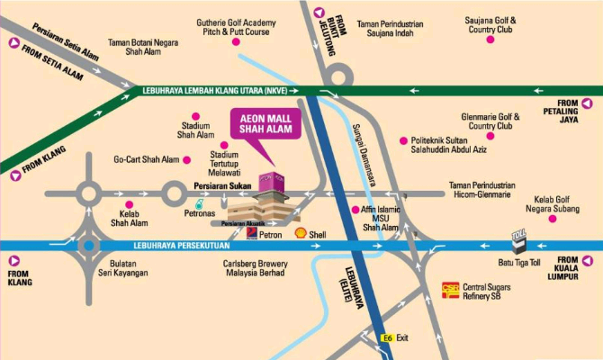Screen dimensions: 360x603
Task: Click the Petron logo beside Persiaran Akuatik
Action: click(x=253, y=232)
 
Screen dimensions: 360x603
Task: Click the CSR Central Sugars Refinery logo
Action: click(x=450, y=291)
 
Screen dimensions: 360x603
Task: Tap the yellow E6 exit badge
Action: click(x=387, y=337)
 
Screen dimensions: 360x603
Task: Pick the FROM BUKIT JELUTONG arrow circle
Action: click(x=318, y=12)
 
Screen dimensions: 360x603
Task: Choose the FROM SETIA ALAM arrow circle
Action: click(x=13, y=42)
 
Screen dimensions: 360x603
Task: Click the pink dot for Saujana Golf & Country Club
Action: click(x=490, y=40)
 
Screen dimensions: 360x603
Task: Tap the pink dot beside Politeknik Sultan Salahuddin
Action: click(x=402, y=141)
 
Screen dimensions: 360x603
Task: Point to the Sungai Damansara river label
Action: click(x=361, y=148)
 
